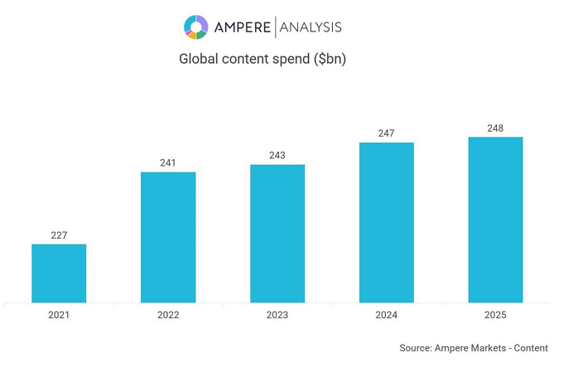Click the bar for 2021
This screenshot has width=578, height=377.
pos(59,273)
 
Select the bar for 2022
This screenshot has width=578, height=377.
pos(168,237)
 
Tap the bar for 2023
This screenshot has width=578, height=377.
pos(277,234)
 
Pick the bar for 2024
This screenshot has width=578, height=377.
pos(386,222)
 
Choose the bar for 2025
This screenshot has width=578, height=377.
pos(495,220)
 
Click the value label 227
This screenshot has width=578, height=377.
pos(59,235)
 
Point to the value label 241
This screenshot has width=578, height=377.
pos(168,163)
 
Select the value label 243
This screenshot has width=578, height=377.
pos(277,156)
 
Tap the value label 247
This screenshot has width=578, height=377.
pos(386,133)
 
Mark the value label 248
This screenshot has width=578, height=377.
pos(495,128)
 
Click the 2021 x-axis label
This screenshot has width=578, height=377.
pos(59,315)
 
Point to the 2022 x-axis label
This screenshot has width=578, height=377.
pos(168,315)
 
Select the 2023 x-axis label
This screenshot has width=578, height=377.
pos(277,315)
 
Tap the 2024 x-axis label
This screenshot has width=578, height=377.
pos(386,315)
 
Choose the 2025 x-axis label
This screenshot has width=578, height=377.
pos(495,315)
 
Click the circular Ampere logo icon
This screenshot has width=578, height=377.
pos(196,27)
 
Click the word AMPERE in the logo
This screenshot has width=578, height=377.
pos(242,27)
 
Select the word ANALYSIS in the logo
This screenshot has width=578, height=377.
pos(311,27)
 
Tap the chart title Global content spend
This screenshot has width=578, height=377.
pos(263,59)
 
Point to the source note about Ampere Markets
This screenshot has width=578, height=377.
pos(473,348)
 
